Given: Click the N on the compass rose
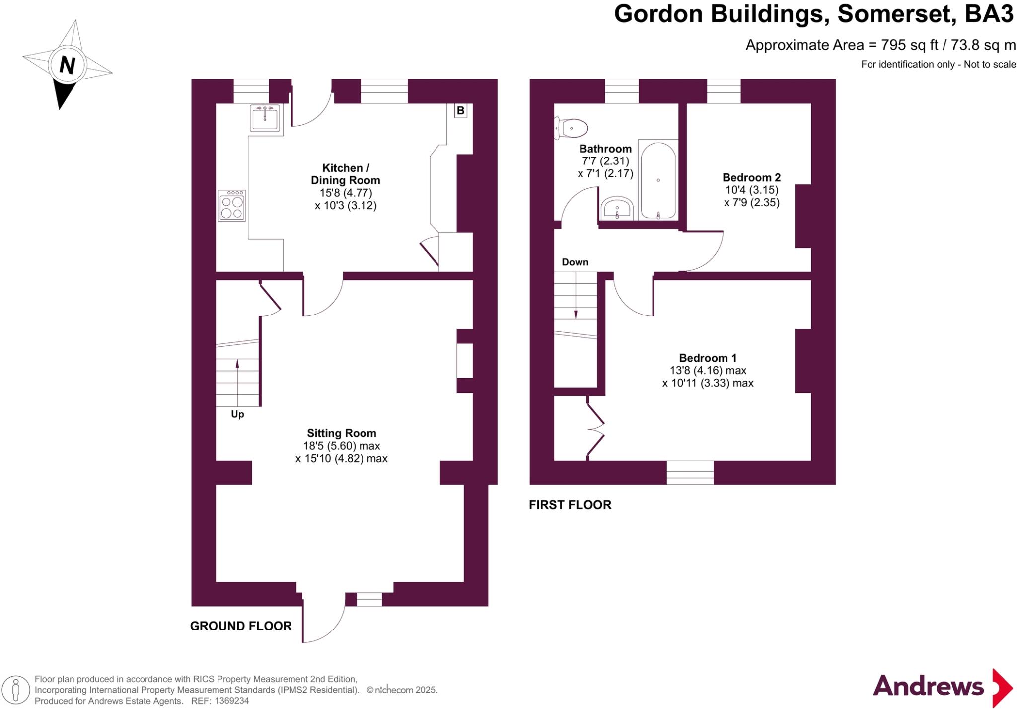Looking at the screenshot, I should pos(67,65).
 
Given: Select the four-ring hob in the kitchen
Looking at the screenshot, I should pos(232,206).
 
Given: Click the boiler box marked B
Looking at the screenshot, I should pos(460,110).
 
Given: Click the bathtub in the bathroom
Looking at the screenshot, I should pos(658,180).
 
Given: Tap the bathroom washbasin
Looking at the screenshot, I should pos(617,208).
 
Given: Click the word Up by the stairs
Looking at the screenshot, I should pos(237,414).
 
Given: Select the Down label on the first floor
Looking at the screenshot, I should pos(575,262).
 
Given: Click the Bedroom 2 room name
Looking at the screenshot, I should pos(751,177).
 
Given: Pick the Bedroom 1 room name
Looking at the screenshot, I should pos(708,358).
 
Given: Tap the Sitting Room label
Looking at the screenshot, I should pos(342,433).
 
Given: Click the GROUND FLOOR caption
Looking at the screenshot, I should pos(241,626).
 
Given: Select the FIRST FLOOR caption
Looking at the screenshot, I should pos(570,505).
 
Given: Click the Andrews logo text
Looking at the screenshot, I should pos(928,687).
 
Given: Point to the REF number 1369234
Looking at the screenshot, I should pos(231,701).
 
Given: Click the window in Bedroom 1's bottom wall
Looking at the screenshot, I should pos(690,473).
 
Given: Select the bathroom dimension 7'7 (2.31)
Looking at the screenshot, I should pos(605,161).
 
